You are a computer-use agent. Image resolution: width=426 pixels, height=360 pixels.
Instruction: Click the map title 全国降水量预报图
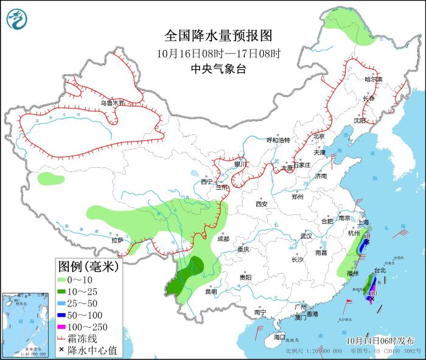(218, 34)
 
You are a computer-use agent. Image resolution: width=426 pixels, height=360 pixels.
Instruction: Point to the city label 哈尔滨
(373, 80)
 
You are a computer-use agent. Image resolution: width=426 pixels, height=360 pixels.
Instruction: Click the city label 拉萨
(117, 240)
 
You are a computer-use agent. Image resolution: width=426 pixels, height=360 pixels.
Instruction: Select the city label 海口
(279, 336)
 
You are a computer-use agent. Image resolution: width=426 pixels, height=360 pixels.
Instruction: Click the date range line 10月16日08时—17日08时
(218, 53)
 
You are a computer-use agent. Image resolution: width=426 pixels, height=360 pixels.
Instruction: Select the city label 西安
(262, 204)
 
